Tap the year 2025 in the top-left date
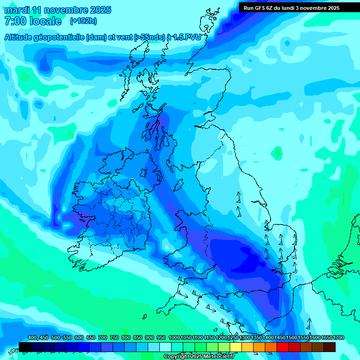pyautogui.click(x=99, y=10)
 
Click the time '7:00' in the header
pyautogui.click(x=15, y=21)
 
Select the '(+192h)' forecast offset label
pyautogui.click(x=83, y=21)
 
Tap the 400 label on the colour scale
pyautogui.click(x=32, y=338)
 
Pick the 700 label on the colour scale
pyautogui.click(x=102, y=338)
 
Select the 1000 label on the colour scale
pyautogui.click(x=174, y=338)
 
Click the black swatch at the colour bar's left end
pyautogui.click(x=25, y=347)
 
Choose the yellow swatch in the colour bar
pyautogui.click(x=236, y=347)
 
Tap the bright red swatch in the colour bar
pyautogui.click(x=283, y=347)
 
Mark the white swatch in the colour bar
pyautogui.click(x=165, y=347)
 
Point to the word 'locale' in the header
pyautogui.click(x=45, y=21)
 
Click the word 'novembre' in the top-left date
pyautogui.click(x=64, y=10)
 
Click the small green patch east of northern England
pyautogui.click(x=278, y=153)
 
